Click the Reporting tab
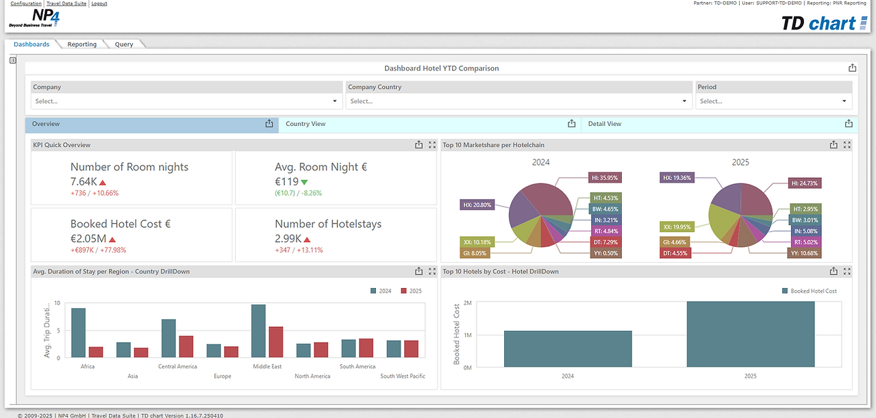click(82, 44)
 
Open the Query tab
click(124, 44)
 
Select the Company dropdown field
click(186, 101)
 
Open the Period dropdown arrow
click(844, 101)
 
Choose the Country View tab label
click(305, 124)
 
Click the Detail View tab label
click(605, 124)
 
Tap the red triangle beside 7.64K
click(103, 183)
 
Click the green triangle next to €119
click(304, 182)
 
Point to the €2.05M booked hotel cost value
click(88, 238)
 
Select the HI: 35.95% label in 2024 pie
click(605, 178)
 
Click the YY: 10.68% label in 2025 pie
click(805, 253)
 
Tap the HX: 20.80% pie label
click(477, 205)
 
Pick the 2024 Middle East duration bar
click(258, 331)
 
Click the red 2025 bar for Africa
click(96, 352)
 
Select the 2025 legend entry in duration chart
click(411, 291)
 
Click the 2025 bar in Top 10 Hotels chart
click(751, 334)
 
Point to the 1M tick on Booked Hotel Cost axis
click(467, 335)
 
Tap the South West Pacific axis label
click(403, 376)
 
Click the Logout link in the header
click(99, 3)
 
